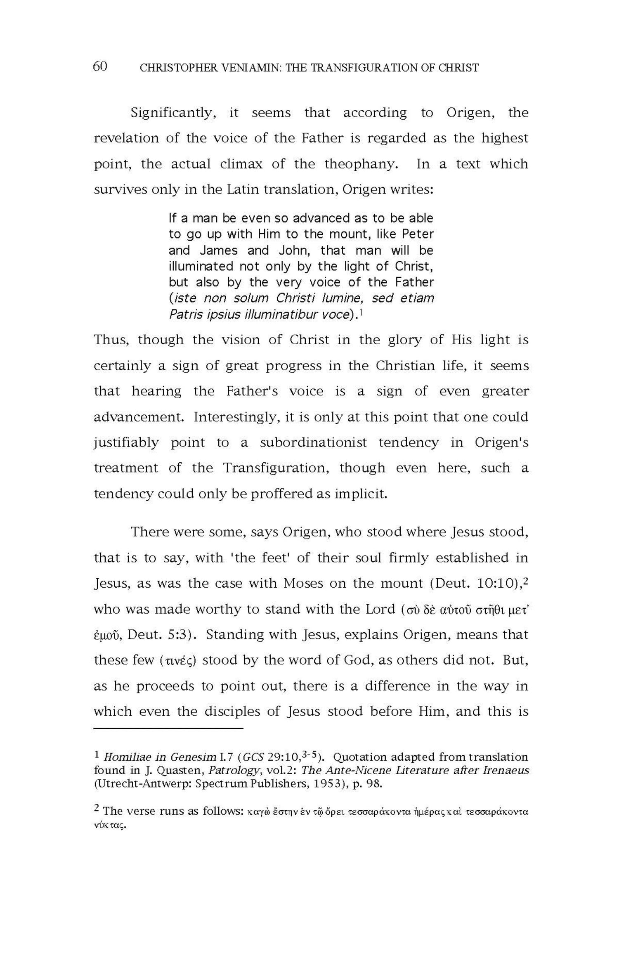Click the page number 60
(100, 66)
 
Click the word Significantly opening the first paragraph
(173, 113)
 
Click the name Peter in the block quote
(418, 234)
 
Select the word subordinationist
(313, 443)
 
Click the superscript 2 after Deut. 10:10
(526, 579)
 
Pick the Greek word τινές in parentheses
(177, 661)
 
